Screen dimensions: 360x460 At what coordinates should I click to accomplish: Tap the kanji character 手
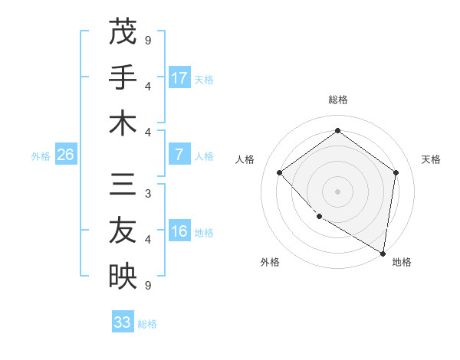[122, 77]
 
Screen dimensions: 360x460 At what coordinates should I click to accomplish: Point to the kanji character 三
[122, 182]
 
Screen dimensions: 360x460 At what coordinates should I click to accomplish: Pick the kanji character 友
[122, 229]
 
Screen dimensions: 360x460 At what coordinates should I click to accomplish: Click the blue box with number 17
[179, 78]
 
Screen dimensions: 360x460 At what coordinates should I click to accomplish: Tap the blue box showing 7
[179, 155]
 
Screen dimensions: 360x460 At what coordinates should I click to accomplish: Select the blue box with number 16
[179, 232]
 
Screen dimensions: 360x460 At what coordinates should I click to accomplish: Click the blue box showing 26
[65, 155]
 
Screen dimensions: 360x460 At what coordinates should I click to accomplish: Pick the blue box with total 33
[122, 322]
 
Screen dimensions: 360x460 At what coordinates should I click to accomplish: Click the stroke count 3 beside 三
[148, 194]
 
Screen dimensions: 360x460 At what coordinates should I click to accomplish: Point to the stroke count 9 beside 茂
[148, 39]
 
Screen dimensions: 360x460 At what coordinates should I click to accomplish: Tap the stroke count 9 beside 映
[148, 286]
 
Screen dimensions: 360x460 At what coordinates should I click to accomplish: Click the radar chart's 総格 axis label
[337, 100]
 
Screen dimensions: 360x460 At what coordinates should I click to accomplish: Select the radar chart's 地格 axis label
[402, 262]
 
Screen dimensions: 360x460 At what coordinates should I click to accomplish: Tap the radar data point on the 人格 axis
[280, 172]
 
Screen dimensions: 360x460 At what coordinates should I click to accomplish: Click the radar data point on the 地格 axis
[382, 252]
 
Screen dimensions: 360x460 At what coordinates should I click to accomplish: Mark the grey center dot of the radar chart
[337, 191]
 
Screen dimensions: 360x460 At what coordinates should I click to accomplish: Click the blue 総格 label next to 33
[147, 324]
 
